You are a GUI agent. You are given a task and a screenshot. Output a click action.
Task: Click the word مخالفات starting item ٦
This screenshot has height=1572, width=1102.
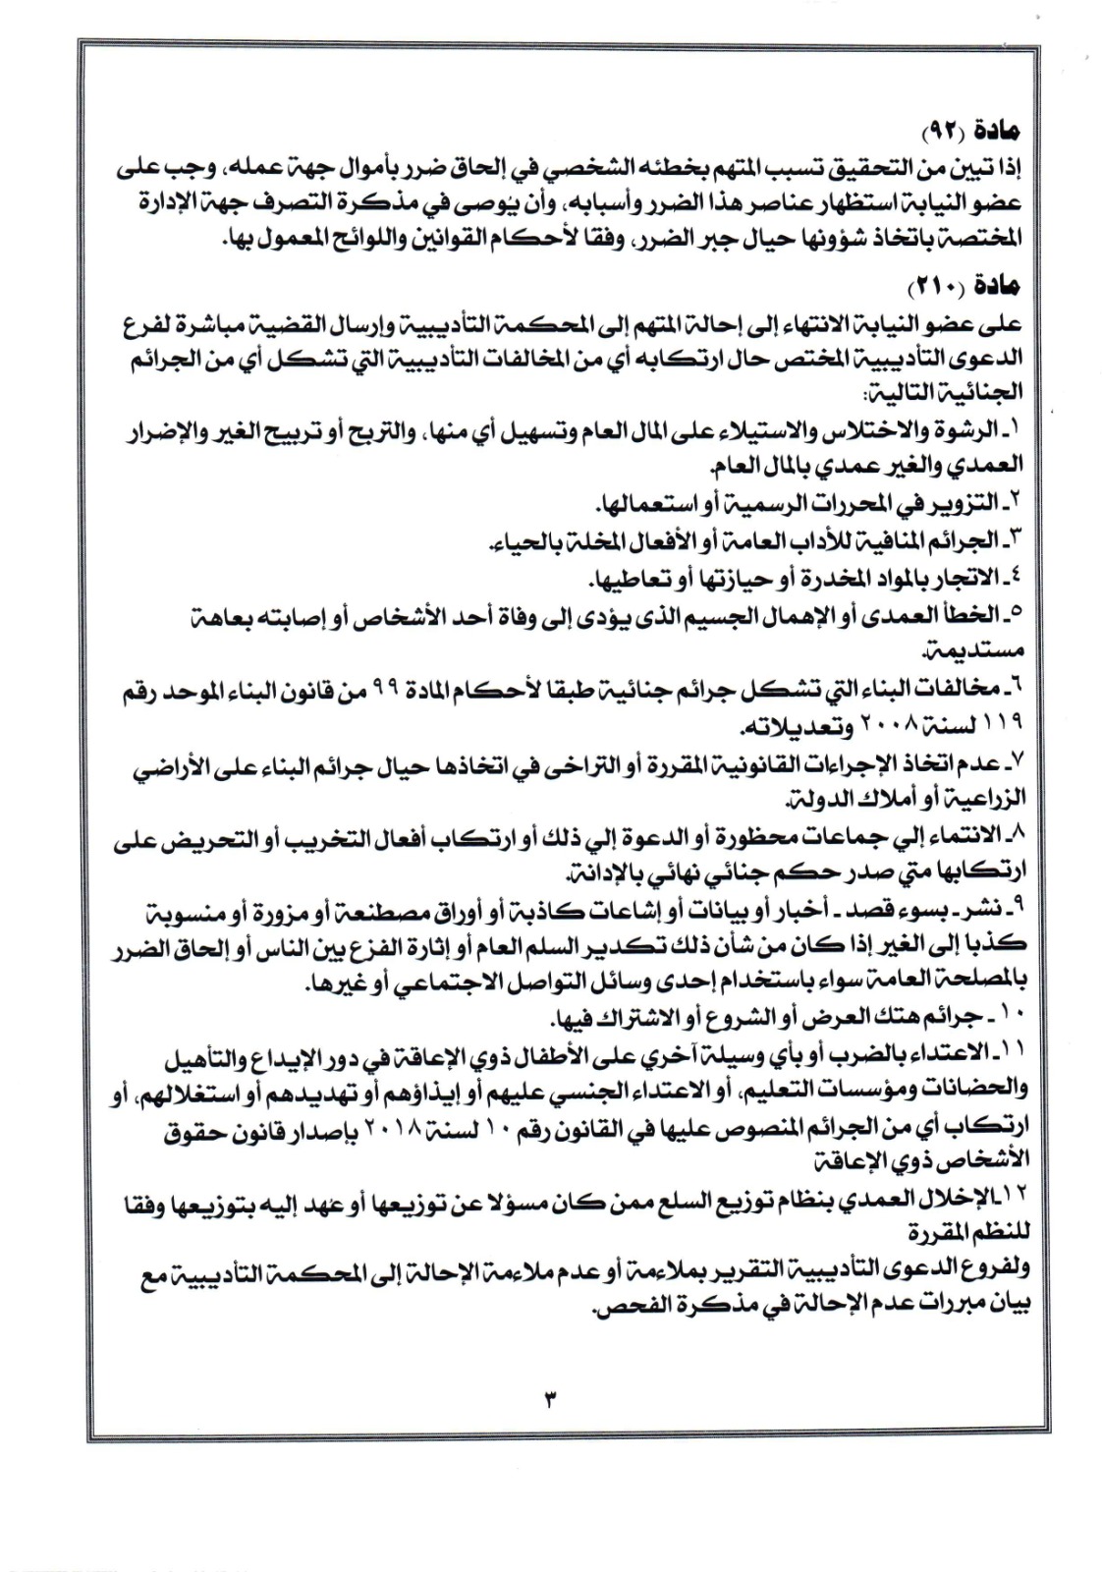click(962, 687)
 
